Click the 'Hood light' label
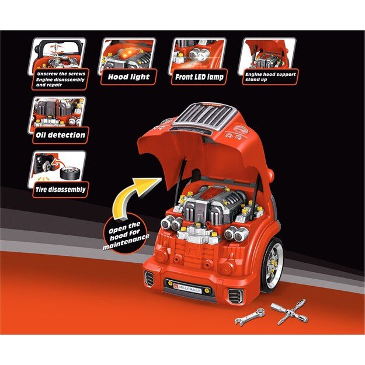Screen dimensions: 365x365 tap(128, 77)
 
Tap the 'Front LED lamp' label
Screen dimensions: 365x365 tap(198, 77)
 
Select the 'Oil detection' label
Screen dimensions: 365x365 tap(58, 134)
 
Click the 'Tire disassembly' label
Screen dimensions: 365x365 tap(58, 189)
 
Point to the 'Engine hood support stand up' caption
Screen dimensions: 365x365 tap(270, 77)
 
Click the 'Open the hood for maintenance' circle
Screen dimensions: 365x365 tap(123, 233)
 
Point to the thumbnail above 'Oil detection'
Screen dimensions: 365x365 tap(58, 112)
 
